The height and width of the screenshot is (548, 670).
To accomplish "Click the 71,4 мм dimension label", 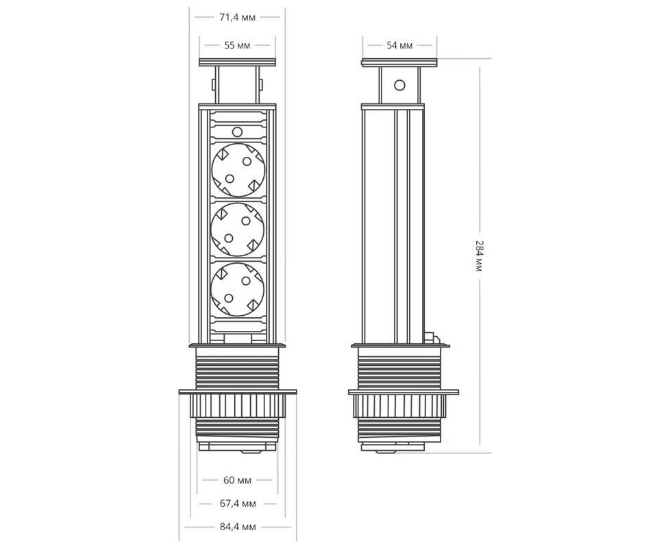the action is point(237,18).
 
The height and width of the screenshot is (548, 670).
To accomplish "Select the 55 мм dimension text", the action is point(237,45).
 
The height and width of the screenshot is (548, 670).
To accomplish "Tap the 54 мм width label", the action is point(399,45).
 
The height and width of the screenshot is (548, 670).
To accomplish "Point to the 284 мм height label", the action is point(479,256).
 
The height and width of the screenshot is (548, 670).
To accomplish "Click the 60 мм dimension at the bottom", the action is point(237,480).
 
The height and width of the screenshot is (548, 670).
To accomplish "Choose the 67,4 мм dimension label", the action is point(238,503).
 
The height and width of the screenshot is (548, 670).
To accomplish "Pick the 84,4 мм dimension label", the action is point(238,527).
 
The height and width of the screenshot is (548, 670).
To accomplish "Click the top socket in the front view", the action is point(238,170).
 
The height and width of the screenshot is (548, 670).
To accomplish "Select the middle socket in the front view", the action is point(238,229).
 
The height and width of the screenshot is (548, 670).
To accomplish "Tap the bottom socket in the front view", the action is point(238,289).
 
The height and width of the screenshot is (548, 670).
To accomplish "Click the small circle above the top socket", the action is point(237,132).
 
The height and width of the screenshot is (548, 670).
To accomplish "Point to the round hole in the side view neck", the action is point(399,85).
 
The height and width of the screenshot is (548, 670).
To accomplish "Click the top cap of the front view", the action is point(237,62).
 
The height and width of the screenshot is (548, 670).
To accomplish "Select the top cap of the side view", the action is point(399,62).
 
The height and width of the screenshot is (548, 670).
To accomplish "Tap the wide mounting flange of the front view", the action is point(238,392).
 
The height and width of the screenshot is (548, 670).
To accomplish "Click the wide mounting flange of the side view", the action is point(404,392).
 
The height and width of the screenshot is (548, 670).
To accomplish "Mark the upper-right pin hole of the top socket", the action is point(247,161).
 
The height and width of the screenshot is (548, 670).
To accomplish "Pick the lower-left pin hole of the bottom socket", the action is point(229,298).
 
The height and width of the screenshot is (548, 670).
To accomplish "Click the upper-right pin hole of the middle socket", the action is point(246,221).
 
